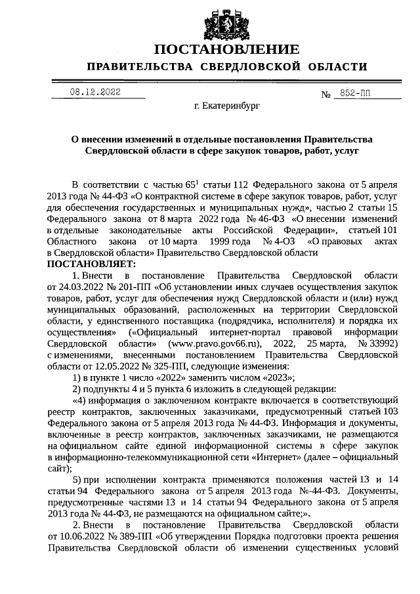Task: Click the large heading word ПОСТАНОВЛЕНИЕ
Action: click(x=226, y=50)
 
